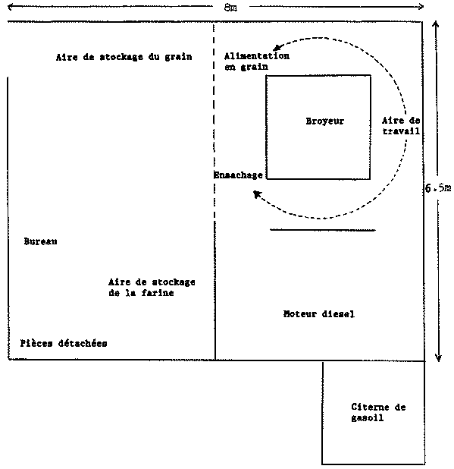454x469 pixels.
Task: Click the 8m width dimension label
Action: (x=230, y=8)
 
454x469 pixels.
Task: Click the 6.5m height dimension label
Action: (x=438, y=188)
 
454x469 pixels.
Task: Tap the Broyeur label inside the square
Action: (x=325, y=121)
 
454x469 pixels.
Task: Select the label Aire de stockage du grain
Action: (x=124, y=57)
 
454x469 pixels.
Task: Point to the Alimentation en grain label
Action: (x=257, y=61)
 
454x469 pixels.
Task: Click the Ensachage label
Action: (x=238, y=175)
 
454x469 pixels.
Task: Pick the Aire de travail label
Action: (x=401, y=126)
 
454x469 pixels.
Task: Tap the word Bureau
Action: (x=41, y=241)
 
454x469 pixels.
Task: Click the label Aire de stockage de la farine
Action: (x=152, y=287)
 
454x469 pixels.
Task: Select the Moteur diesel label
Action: (x=319, y=313)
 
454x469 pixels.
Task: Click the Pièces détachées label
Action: (x=64, y=343)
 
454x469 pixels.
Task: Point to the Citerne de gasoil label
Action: (x=378, y=412)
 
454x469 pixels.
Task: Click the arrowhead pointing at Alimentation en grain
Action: (x=277, y=48)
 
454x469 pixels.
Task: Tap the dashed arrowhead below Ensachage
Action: (x=257, y=194)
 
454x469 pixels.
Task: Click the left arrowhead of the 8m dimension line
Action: (x=11, y=7)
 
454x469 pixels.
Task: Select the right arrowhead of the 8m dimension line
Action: (x=421, y=7)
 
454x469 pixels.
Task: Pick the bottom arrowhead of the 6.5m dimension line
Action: (x=438, y=357)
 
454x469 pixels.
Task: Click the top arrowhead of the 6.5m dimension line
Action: (x=436, y=24)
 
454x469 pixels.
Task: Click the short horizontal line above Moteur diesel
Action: (x=323, y=230)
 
